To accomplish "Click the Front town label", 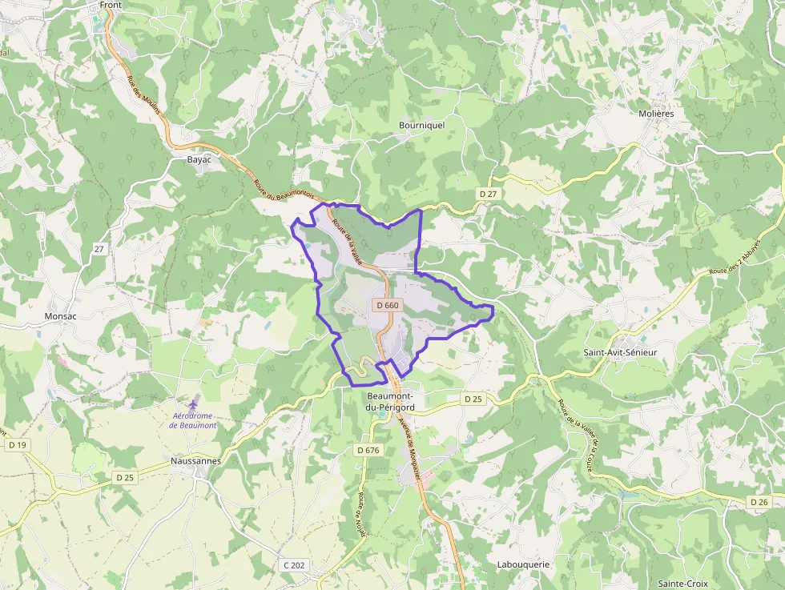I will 111,5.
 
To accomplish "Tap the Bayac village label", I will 199,159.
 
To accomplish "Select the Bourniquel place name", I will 421,125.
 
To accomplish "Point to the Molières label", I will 656,114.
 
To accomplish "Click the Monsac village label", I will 60,316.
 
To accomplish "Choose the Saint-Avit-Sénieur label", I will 627,352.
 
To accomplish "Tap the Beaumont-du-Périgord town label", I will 389,403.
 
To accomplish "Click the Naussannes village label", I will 195,461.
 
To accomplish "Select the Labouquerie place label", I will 523,564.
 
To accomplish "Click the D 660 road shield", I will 387,305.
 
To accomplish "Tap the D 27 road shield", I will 488,194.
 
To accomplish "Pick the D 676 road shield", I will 368,450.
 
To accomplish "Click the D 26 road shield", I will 759,501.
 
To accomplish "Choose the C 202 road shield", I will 294,565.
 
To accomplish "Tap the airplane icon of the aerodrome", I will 193,399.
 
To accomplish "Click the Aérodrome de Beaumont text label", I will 193,420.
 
